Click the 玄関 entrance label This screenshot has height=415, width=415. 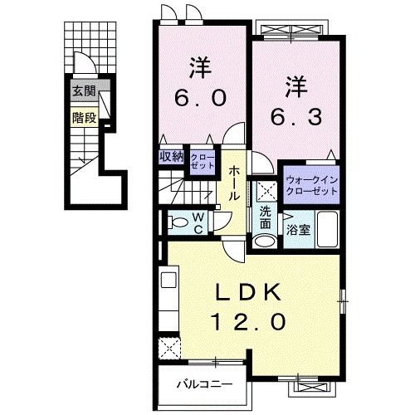[x=82, y=91]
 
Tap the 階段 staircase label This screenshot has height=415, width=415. [x=84, y=117]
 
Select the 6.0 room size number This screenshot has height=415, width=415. [x=200, y=98]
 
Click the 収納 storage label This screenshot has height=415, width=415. [x=172, y=157]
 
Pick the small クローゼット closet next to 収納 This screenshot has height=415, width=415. [x=202, y=161]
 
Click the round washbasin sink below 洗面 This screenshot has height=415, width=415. [x=264, y=242]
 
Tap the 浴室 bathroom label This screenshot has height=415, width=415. [x=299, y=230]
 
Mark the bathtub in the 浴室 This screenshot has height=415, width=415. [x=327, y=228]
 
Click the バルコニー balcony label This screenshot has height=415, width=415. [x=203, y=384]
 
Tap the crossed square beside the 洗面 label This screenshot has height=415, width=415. [x=265, y=189]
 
